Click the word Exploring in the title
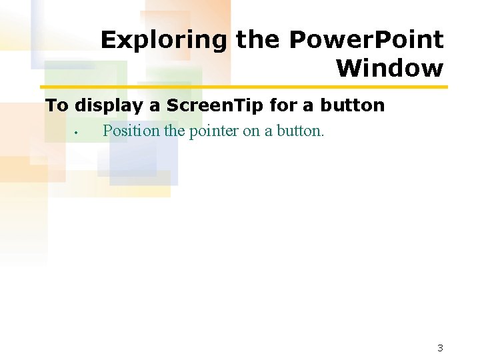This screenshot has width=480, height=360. pyautogui.click(x=164, y=41)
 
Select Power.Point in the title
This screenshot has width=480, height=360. pyautogui.click(x=366, y=41)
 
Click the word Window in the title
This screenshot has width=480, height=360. pyautogui.click(x=389, y=68)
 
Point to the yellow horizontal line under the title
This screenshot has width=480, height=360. pyautogui.click(x=244, y=87)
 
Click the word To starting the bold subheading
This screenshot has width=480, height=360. pyautogui.click(x=57, y=105)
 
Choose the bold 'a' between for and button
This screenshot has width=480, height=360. pyautogui.click(x=309, y=106)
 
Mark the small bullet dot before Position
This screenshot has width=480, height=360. pyautogui.click(x=77, y=132)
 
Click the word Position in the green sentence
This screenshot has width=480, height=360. pyautogui.click(x=131, y=131)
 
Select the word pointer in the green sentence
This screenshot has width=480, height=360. pyautogui.click(x=214, y=131)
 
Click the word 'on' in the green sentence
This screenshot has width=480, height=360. pyautogui.click(x=251, y=131)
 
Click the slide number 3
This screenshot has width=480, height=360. pyautogui.click(x=440, y=347)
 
